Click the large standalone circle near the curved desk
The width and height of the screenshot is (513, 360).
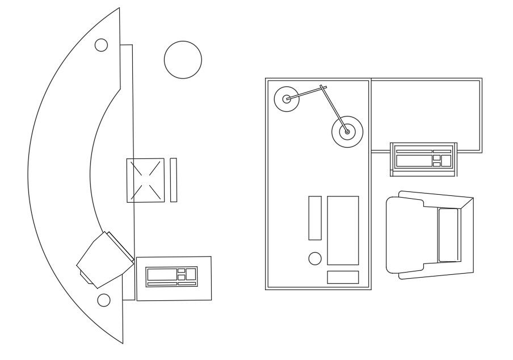[x=183, y=60]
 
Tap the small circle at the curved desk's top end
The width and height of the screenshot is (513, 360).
[x=101, y=45]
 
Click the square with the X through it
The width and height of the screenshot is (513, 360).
[x=145, y=180]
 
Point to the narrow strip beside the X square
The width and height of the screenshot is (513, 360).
[x=174, y=179]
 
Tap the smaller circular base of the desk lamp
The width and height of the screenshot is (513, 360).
[x=287, y=99]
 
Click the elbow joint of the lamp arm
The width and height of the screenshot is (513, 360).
[x=323, y=88]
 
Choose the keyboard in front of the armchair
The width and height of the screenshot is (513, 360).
[x=423, y=157]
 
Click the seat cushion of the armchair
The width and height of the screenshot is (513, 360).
[x=448, y=235]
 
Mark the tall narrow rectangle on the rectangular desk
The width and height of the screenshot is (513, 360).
[x=315, y=217]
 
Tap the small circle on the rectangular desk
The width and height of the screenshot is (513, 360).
[x=314, y=258]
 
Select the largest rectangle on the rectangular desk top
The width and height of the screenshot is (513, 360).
[x=343, y=230]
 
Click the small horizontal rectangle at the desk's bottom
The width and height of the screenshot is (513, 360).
[x=343, y=277]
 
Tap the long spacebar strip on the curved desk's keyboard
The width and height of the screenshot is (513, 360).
[x=162, y=283]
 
